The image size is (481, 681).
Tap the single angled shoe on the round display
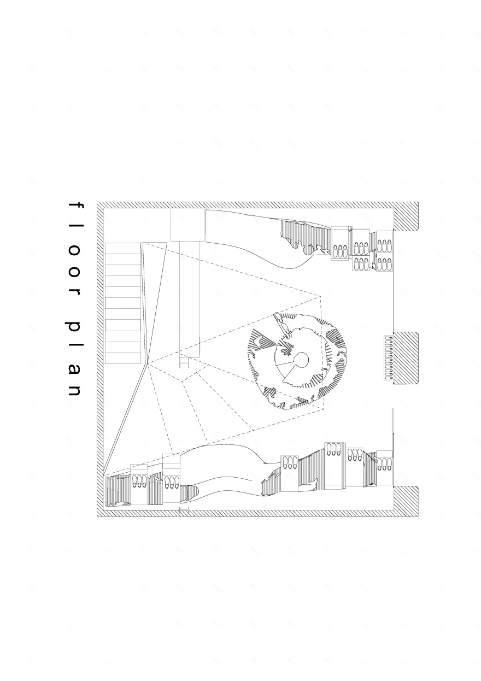click(x=283, y=325)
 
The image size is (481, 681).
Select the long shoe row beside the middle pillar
click(x=389, y=358)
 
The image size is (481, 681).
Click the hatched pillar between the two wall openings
click(x=406, y=358)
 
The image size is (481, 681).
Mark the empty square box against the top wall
click(x=187, y=225)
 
